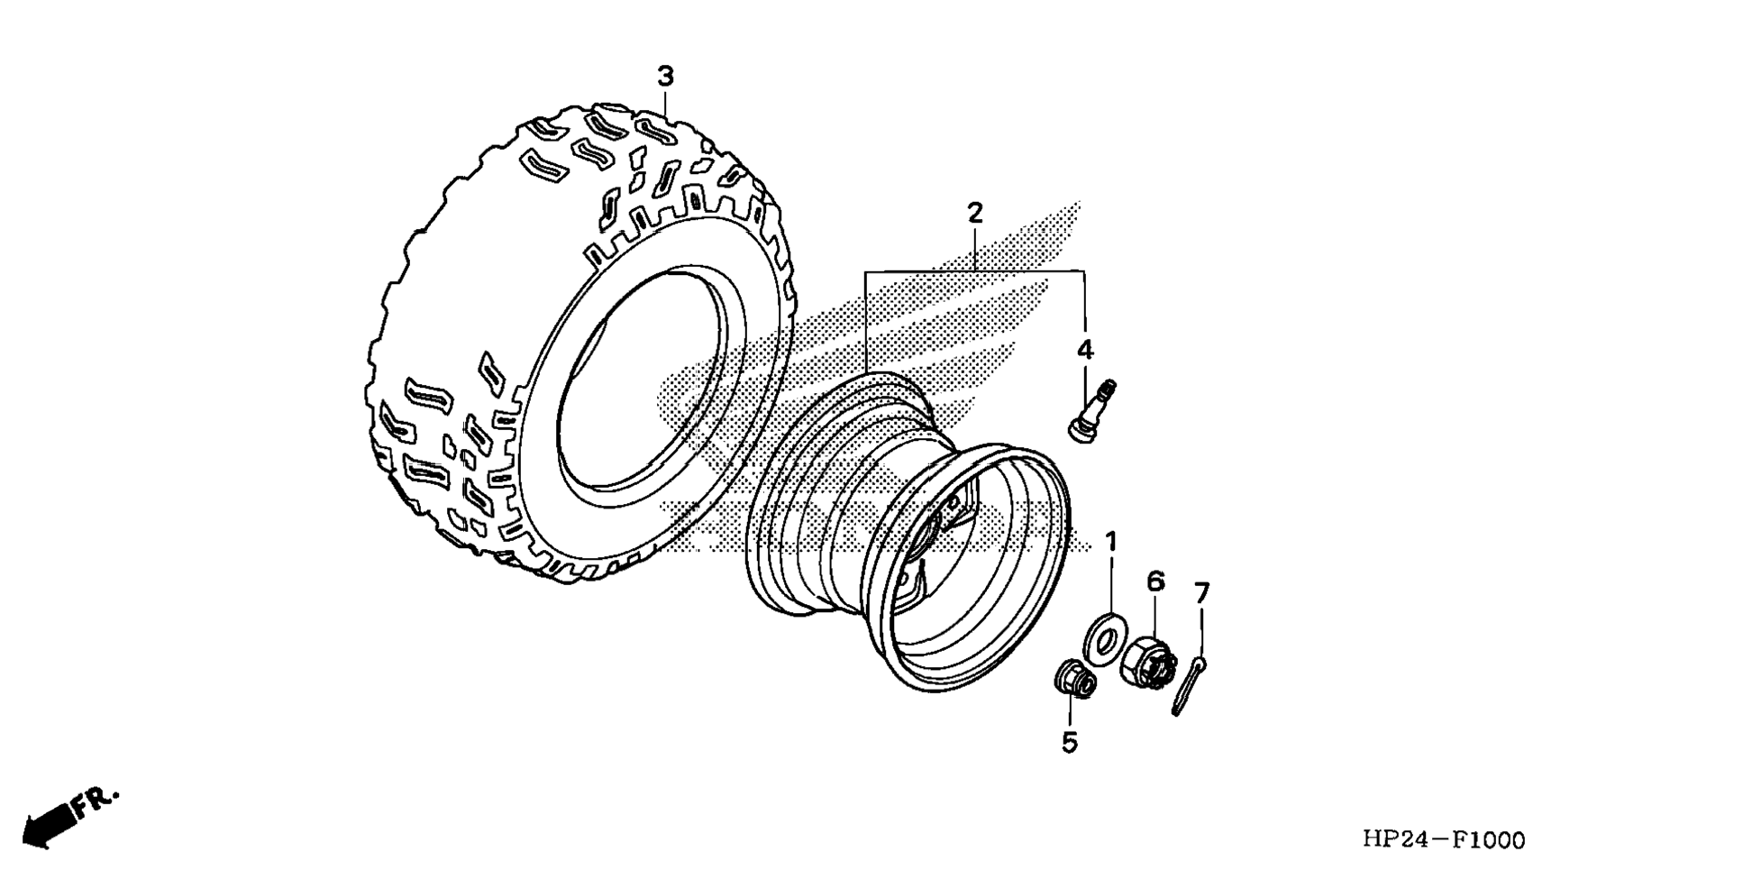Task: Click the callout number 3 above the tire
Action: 665,77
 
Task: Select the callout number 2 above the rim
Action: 974,214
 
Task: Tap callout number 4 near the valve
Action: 1085,350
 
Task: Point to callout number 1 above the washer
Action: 1111,542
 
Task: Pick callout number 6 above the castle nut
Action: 1155,582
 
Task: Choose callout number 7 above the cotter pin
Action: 1201,593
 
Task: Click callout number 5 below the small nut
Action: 1070,743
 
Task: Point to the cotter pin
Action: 1188,685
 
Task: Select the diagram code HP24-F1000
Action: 1444,840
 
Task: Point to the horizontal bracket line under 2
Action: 974,271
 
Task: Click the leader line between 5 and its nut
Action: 1070,712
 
